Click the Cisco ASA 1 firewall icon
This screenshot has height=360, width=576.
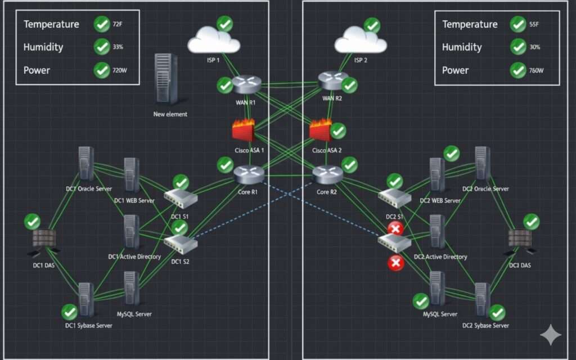[244, 131]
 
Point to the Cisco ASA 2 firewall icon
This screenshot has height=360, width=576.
[321, 130]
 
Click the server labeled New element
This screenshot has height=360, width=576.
[163, 79]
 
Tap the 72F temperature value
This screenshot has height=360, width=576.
[118, 24]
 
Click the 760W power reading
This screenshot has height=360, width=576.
[536, 71]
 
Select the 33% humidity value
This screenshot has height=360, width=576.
[118, 47]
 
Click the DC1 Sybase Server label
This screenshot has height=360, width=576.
[88, 326]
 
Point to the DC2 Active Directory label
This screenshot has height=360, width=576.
[440, 257]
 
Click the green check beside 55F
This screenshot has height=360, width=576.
[518, 24]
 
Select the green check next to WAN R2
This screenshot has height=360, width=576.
[349, 85]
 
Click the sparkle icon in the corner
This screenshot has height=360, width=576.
[550, 335]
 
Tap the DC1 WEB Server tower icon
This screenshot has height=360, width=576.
[132, 175]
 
